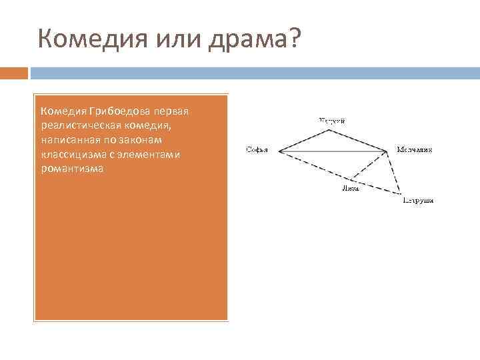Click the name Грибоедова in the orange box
[122, 109]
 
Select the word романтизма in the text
[72, 169]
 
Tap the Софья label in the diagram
[257, 150]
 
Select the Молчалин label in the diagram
[415, 150]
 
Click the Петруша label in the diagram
[418, 200]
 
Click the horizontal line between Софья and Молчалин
[333, 152]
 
